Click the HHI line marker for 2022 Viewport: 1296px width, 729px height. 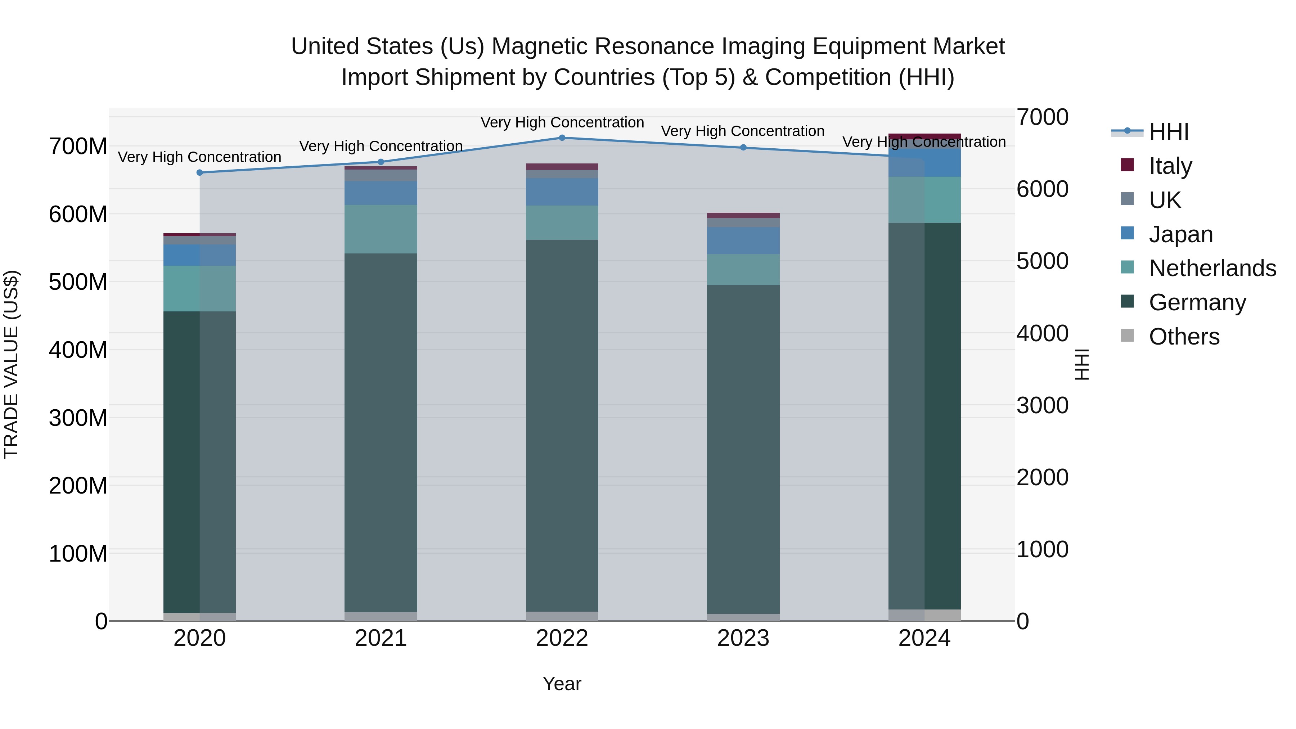[562, 138]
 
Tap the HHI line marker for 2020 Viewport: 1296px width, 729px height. [200, 172]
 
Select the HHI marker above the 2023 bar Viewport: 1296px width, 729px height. [743, 147]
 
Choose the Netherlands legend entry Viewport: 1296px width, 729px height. [1211, 268]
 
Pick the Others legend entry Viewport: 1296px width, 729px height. [1183, 337]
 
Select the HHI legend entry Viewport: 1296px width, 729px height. [1168, 132]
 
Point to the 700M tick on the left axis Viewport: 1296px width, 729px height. [78, 147]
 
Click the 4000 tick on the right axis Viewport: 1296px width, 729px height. [1042, 334]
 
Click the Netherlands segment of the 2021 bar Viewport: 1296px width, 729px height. [381, 229]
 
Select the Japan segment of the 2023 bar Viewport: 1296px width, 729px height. [743, 240]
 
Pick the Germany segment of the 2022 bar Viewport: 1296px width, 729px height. [562, 425]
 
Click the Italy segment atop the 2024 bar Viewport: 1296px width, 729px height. [924, 136]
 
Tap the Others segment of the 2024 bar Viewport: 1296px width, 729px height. [924, 615]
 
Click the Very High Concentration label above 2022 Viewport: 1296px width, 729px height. [562, 123]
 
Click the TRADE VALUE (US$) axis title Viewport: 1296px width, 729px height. [11, 364]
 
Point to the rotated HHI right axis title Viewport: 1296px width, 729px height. [1082, 364]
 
